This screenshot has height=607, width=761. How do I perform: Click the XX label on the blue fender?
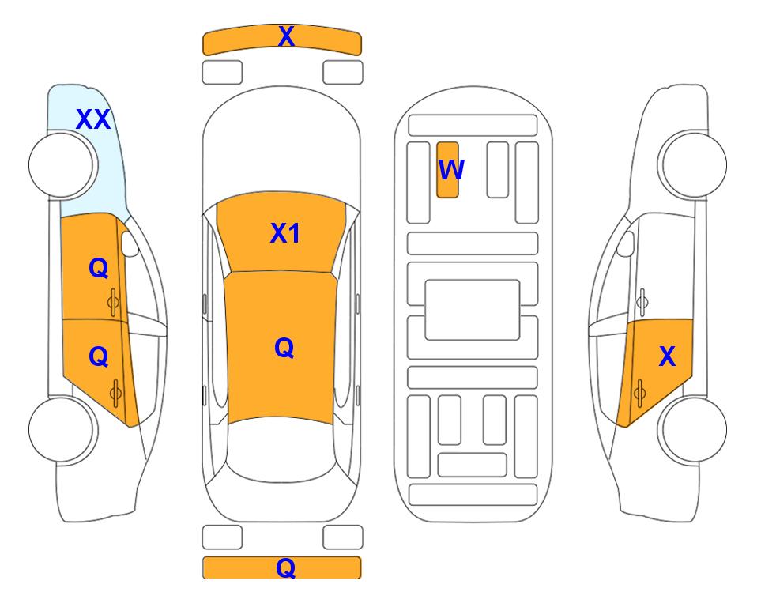(x=94, y=119)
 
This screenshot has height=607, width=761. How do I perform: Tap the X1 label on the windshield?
(x=285, y=233)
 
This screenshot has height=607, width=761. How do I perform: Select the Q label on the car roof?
(x=284, y=348)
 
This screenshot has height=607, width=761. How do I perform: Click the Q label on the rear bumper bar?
(x=285, y=567)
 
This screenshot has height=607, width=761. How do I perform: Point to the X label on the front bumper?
(x=286, y=36)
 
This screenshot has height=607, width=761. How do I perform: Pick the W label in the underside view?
(x=451, y=170)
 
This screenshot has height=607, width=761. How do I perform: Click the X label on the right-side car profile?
(x=667, y=356)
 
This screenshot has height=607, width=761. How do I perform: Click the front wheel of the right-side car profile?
(x=692, y=164)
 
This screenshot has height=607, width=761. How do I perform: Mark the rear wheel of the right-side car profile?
(x=692, y=429)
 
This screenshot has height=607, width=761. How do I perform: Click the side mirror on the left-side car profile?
(x=130, y=243)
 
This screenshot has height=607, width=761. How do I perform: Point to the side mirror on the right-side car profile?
(x=625, y=243)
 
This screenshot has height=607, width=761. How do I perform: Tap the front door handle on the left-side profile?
(x=114, y=302)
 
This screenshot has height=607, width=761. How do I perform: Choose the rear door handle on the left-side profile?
(x=115, y=393)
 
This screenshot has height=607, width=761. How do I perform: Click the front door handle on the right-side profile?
(x=642, y=302)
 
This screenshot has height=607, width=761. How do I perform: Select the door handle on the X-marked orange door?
(x=639, y=393)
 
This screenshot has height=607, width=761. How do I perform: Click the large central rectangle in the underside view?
(x=473, y=310)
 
